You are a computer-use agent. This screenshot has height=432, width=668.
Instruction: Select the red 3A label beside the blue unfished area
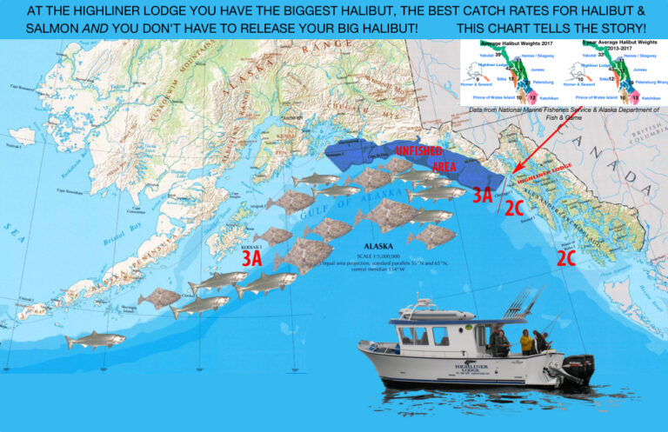click(484, 196)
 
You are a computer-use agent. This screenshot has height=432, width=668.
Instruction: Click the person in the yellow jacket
click(526, 342)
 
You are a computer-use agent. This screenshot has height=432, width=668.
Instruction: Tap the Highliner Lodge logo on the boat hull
click(468, 371)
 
